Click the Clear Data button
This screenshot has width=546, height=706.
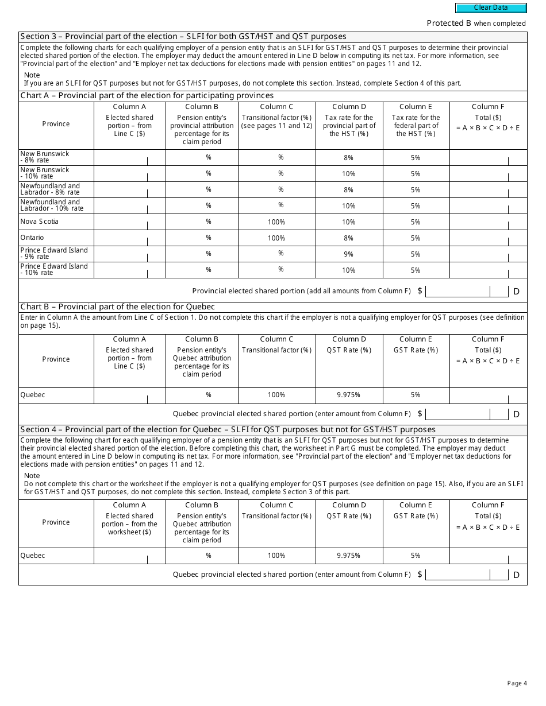point(491,8)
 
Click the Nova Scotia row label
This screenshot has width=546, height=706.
point(40,222)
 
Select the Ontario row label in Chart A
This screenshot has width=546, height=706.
point(32,238)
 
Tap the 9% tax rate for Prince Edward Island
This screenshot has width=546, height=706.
point(348,254)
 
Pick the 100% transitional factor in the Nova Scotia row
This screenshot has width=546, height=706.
point(276,222)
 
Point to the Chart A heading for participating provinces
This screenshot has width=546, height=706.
point(147,96)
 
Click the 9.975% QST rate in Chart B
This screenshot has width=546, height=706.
point(348,395)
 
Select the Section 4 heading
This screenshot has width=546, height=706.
point(228,429)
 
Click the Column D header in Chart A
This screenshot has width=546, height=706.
point(348,107)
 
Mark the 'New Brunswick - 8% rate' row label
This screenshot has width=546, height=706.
point(45,157)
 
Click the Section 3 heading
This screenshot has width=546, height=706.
point(183,37)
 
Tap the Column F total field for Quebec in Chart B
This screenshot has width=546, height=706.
point(488,395)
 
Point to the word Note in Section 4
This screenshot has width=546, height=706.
point(32,475)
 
